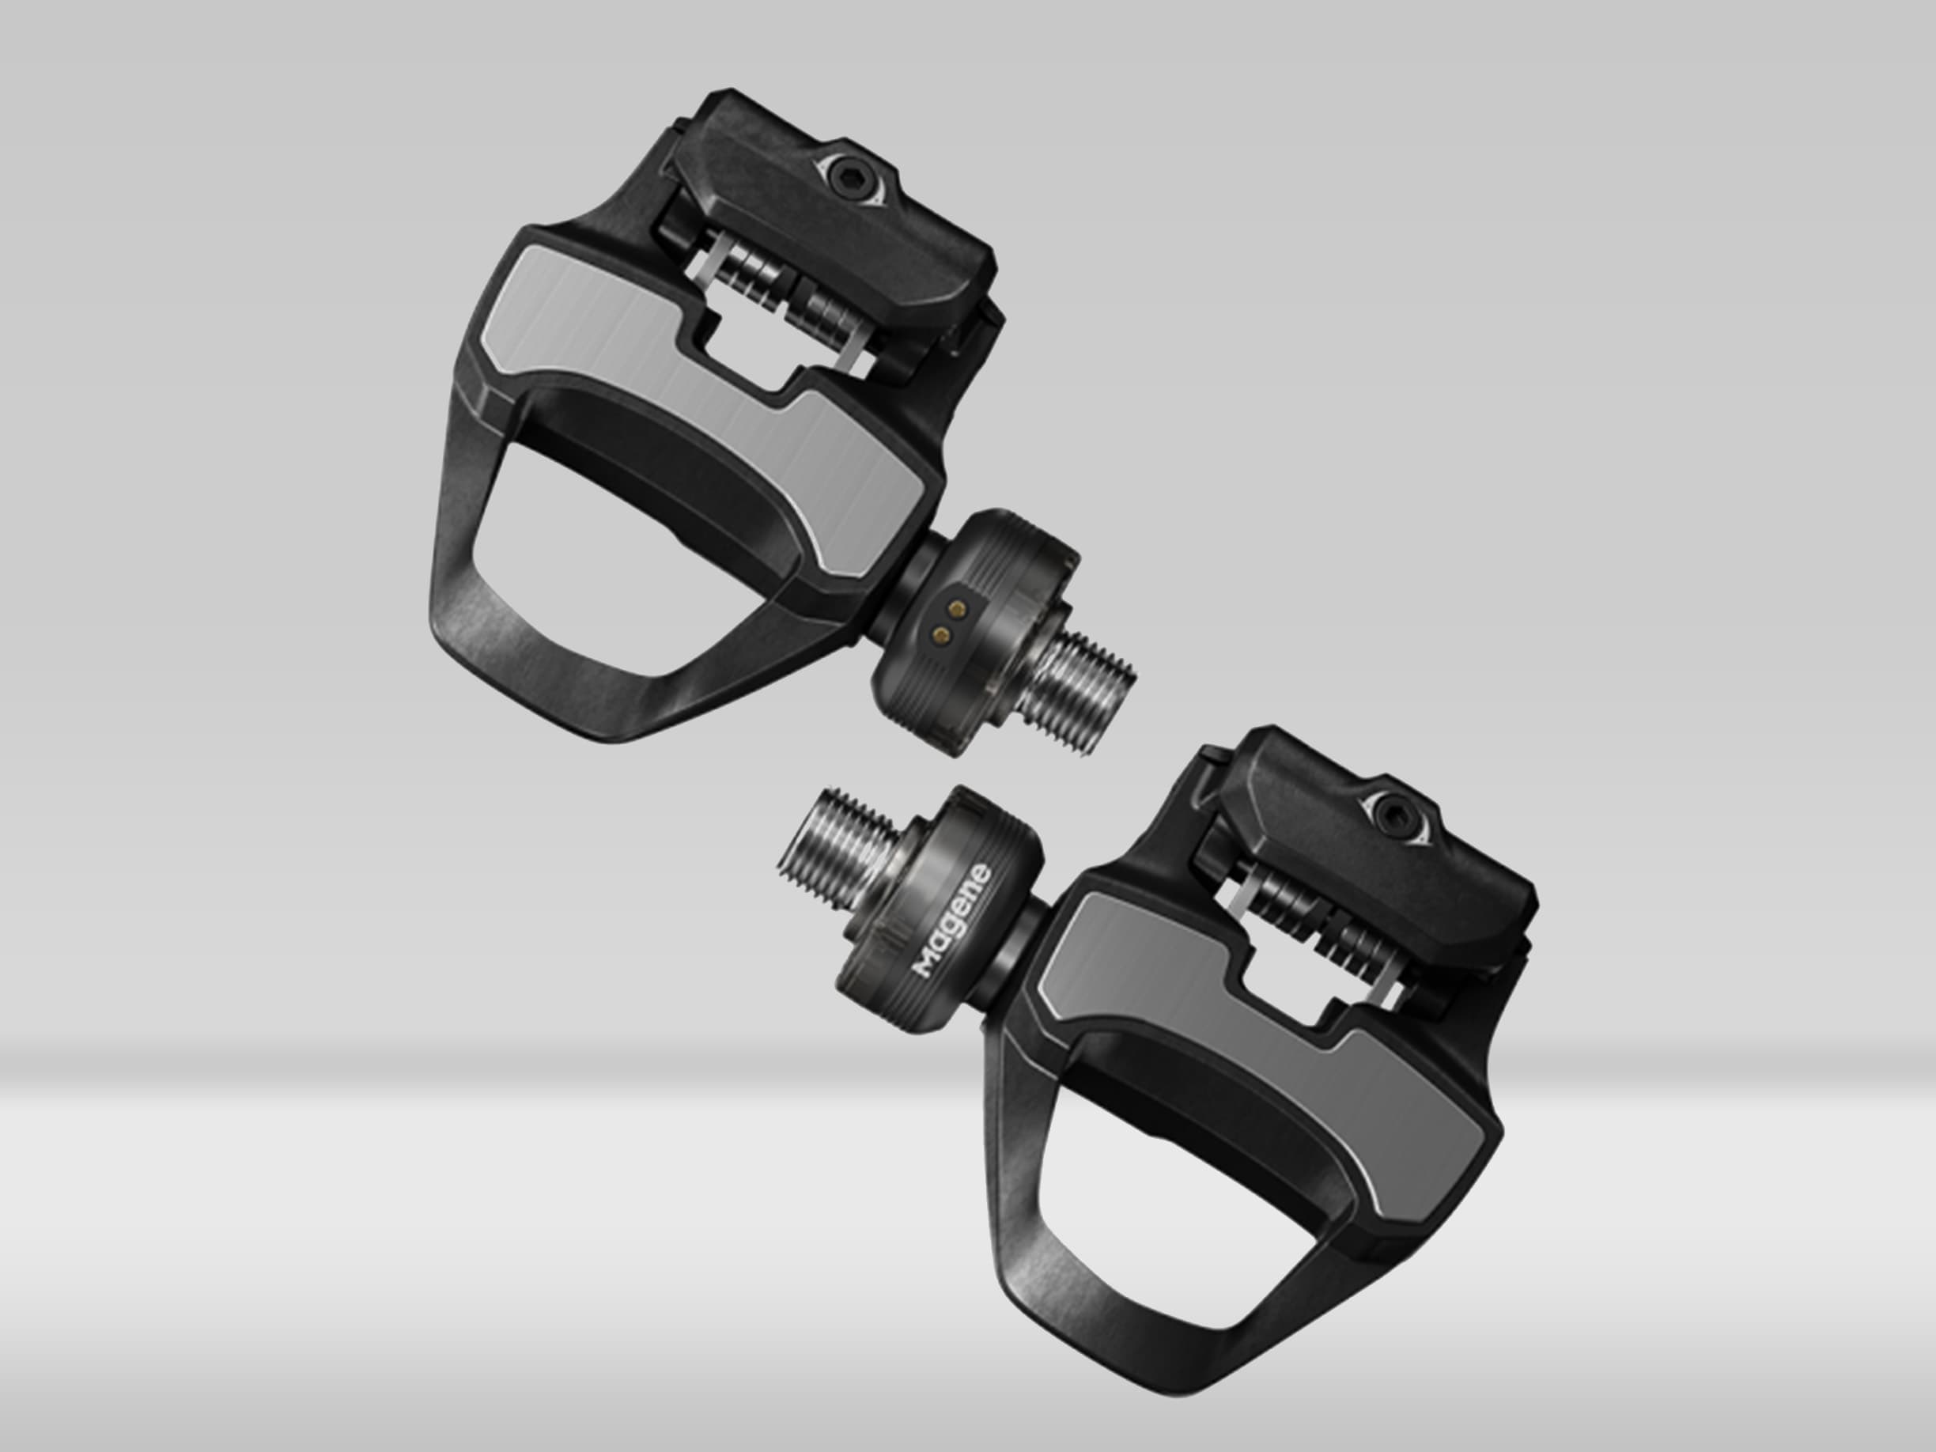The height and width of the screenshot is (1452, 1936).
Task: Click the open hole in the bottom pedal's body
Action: click(x=1164, y=1225)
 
